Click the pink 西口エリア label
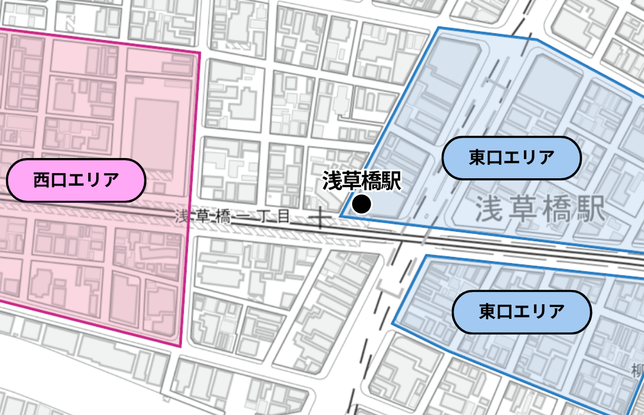click(x=76, y=181)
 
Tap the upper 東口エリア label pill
click(x=511, y=158)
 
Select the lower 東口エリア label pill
click(x=522, y=312)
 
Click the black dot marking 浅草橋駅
click(x=362, y=204)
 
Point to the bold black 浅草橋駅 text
click(x=362, y=181)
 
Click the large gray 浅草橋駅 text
click(x=541, y=209)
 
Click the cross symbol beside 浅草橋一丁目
click(x=321, y=216)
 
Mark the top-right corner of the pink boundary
click(x=200, y=53)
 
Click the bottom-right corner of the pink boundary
click(x=180, y=346)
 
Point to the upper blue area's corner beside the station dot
click(x=340, y=215)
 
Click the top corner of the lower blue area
click(x=427, y=255)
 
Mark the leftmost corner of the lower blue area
click(x=392, y=324)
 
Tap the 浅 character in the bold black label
click(x=332, y=181)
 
